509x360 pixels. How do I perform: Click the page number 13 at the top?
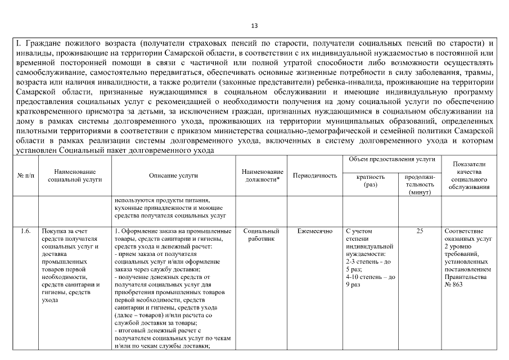point(254,26)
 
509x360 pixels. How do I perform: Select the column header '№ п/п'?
point(25,175)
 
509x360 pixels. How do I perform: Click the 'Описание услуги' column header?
point(173,175)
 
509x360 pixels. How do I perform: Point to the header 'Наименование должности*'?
point(262,175)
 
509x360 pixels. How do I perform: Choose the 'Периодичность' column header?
point(315,175)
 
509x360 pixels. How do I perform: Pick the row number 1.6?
point(25,231)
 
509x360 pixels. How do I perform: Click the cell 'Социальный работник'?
point(262,235)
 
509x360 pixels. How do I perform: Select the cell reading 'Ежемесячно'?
point(315,231)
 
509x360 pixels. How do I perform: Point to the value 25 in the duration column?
point(420,231)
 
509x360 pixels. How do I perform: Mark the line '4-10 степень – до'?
point(371,277)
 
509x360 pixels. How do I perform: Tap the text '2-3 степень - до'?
point(370,262)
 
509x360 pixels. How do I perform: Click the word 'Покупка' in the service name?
point(54,231)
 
